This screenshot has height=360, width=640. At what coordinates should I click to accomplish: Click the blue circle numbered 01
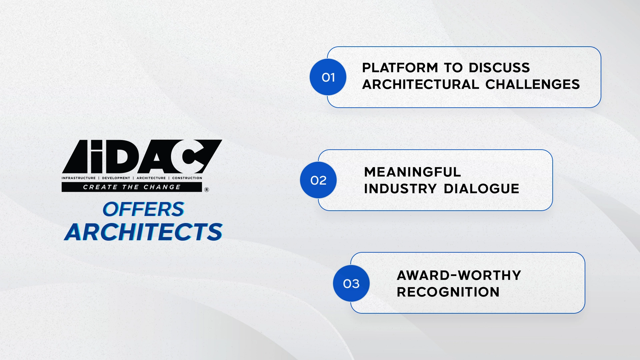(x=328, y=77)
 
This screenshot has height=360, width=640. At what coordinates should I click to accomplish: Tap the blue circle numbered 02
(x=318, y=180)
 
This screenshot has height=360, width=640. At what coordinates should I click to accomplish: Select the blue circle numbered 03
(x=351, y=283)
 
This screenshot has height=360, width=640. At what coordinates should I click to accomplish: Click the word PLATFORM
(x=400, y=68)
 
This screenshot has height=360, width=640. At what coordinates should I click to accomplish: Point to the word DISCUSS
(x=499, y=68)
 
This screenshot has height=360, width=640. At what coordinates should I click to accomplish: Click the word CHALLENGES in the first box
(x=533, y=84)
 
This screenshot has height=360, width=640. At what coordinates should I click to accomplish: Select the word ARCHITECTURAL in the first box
(x=421, y=84)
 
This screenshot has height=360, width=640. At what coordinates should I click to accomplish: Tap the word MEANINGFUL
(x=413, y=172)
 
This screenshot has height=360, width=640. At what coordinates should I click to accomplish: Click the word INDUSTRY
(x=400, y=189)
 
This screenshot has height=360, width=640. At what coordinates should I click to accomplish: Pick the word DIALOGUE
(x=482, y=189)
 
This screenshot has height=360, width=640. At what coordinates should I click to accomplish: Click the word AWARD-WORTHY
(x=459, y=275)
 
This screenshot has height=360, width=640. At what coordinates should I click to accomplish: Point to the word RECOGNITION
(x=448, y=292)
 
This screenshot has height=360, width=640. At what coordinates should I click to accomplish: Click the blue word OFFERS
(x=143, y=209)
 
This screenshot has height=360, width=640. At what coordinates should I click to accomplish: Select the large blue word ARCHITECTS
(x=144, y=232)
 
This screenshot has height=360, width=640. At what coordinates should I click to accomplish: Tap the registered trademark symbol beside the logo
(x=207, y=190)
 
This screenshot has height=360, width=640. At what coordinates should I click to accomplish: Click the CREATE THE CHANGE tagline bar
(x=132, y=187)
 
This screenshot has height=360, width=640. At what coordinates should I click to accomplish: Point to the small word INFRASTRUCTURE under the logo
(x=79, y=178)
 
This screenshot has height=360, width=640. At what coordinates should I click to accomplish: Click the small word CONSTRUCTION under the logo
(x=187, y=178)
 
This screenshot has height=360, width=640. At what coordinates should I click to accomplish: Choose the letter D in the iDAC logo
(x=121, y=156)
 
